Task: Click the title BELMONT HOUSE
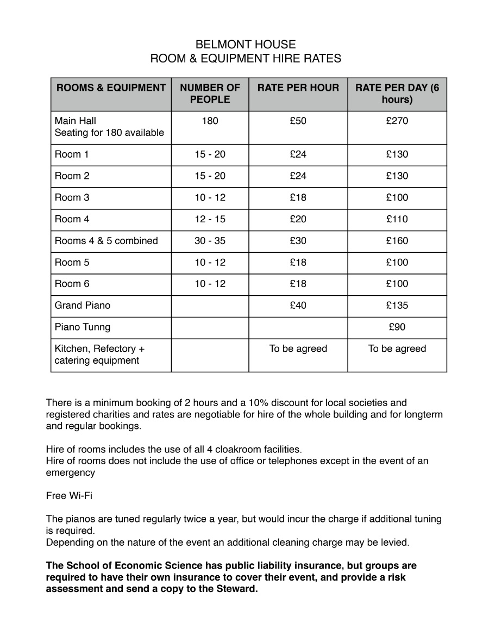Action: tap(246, 45)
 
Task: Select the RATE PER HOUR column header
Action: tap(298, 88)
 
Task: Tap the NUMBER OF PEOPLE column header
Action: tap(210, 94)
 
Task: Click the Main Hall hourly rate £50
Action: tap(298, 121)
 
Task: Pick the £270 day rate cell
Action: tap(397, 121)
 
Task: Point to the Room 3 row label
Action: tap(72, 198)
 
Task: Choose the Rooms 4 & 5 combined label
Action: tap(106, 241)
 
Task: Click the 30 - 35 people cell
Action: tap(210, 241)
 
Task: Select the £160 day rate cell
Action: tap(397, 241)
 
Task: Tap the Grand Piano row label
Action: tap(82, 306)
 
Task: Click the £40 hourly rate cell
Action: tap(298, 306)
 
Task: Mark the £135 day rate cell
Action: tap(397, 306)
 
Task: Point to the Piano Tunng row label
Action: tap(82, 327)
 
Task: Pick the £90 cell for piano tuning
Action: tap(397, 327)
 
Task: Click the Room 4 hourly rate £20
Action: tap(298, 220)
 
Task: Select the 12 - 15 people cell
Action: tap(210, 220)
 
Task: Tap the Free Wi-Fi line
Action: tap(69, 496)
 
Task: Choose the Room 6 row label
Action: tap(72, 284)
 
